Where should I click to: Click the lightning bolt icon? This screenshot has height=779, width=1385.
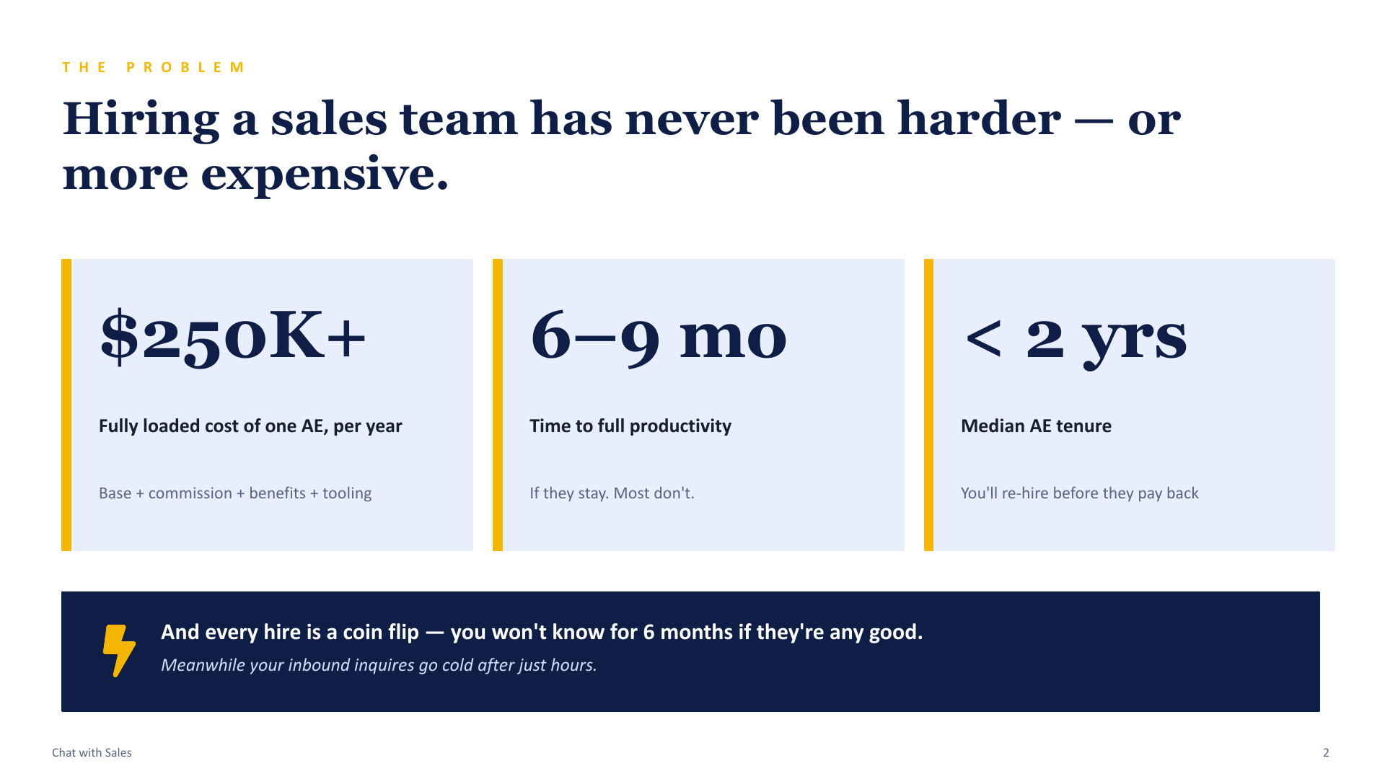pos(119,651)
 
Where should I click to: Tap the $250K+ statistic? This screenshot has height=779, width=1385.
pos(233,336)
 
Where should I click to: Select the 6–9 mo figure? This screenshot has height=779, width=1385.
pos(658,338)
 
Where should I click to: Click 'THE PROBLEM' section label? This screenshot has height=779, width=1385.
pos(154,67)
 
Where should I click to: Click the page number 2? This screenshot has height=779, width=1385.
pos(1326,752)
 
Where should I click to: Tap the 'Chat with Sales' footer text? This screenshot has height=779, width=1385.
pos(92,752)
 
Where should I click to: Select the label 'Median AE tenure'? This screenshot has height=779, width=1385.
pos(1036,426)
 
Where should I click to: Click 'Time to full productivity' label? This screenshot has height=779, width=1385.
pos(630,426)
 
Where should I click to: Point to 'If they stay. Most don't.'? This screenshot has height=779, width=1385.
pos(612,493)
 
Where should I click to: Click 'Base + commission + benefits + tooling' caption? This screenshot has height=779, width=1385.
pos(235,493)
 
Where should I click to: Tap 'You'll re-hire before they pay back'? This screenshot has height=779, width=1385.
pos(1079,493)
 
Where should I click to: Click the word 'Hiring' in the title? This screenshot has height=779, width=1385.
pos(141,120)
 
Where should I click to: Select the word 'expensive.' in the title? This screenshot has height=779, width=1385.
pos(325,175)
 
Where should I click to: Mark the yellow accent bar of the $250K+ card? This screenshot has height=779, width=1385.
pos(66,405)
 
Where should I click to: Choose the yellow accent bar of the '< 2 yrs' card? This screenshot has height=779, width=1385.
pos(929,405)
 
